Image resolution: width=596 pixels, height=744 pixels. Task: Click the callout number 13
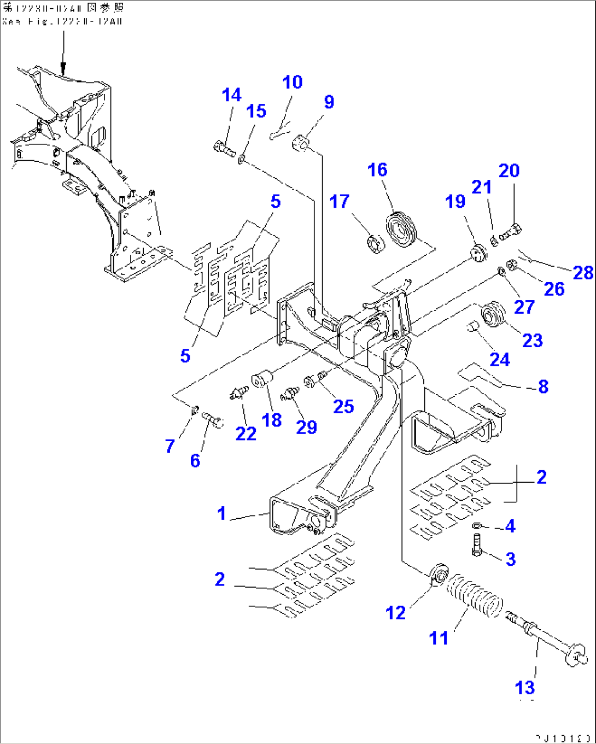point(524,688)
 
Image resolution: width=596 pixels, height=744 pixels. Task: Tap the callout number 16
point(377,170)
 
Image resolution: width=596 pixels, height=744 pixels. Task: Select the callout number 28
point(583,272)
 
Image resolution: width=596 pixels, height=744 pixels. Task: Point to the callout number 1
point(221,514)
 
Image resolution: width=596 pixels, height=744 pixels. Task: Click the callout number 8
point(543,387)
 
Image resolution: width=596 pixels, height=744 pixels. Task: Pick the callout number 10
point(293,83)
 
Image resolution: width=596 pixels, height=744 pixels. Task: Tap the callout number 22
point(246,433)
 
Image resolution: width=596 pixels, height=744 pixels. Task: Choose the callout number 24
point(500,360)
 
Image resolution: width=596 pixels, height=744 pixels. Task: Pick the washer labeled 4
point(477,525)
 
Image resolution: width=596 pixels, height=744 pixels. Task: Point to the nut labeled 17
point(375,241)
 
